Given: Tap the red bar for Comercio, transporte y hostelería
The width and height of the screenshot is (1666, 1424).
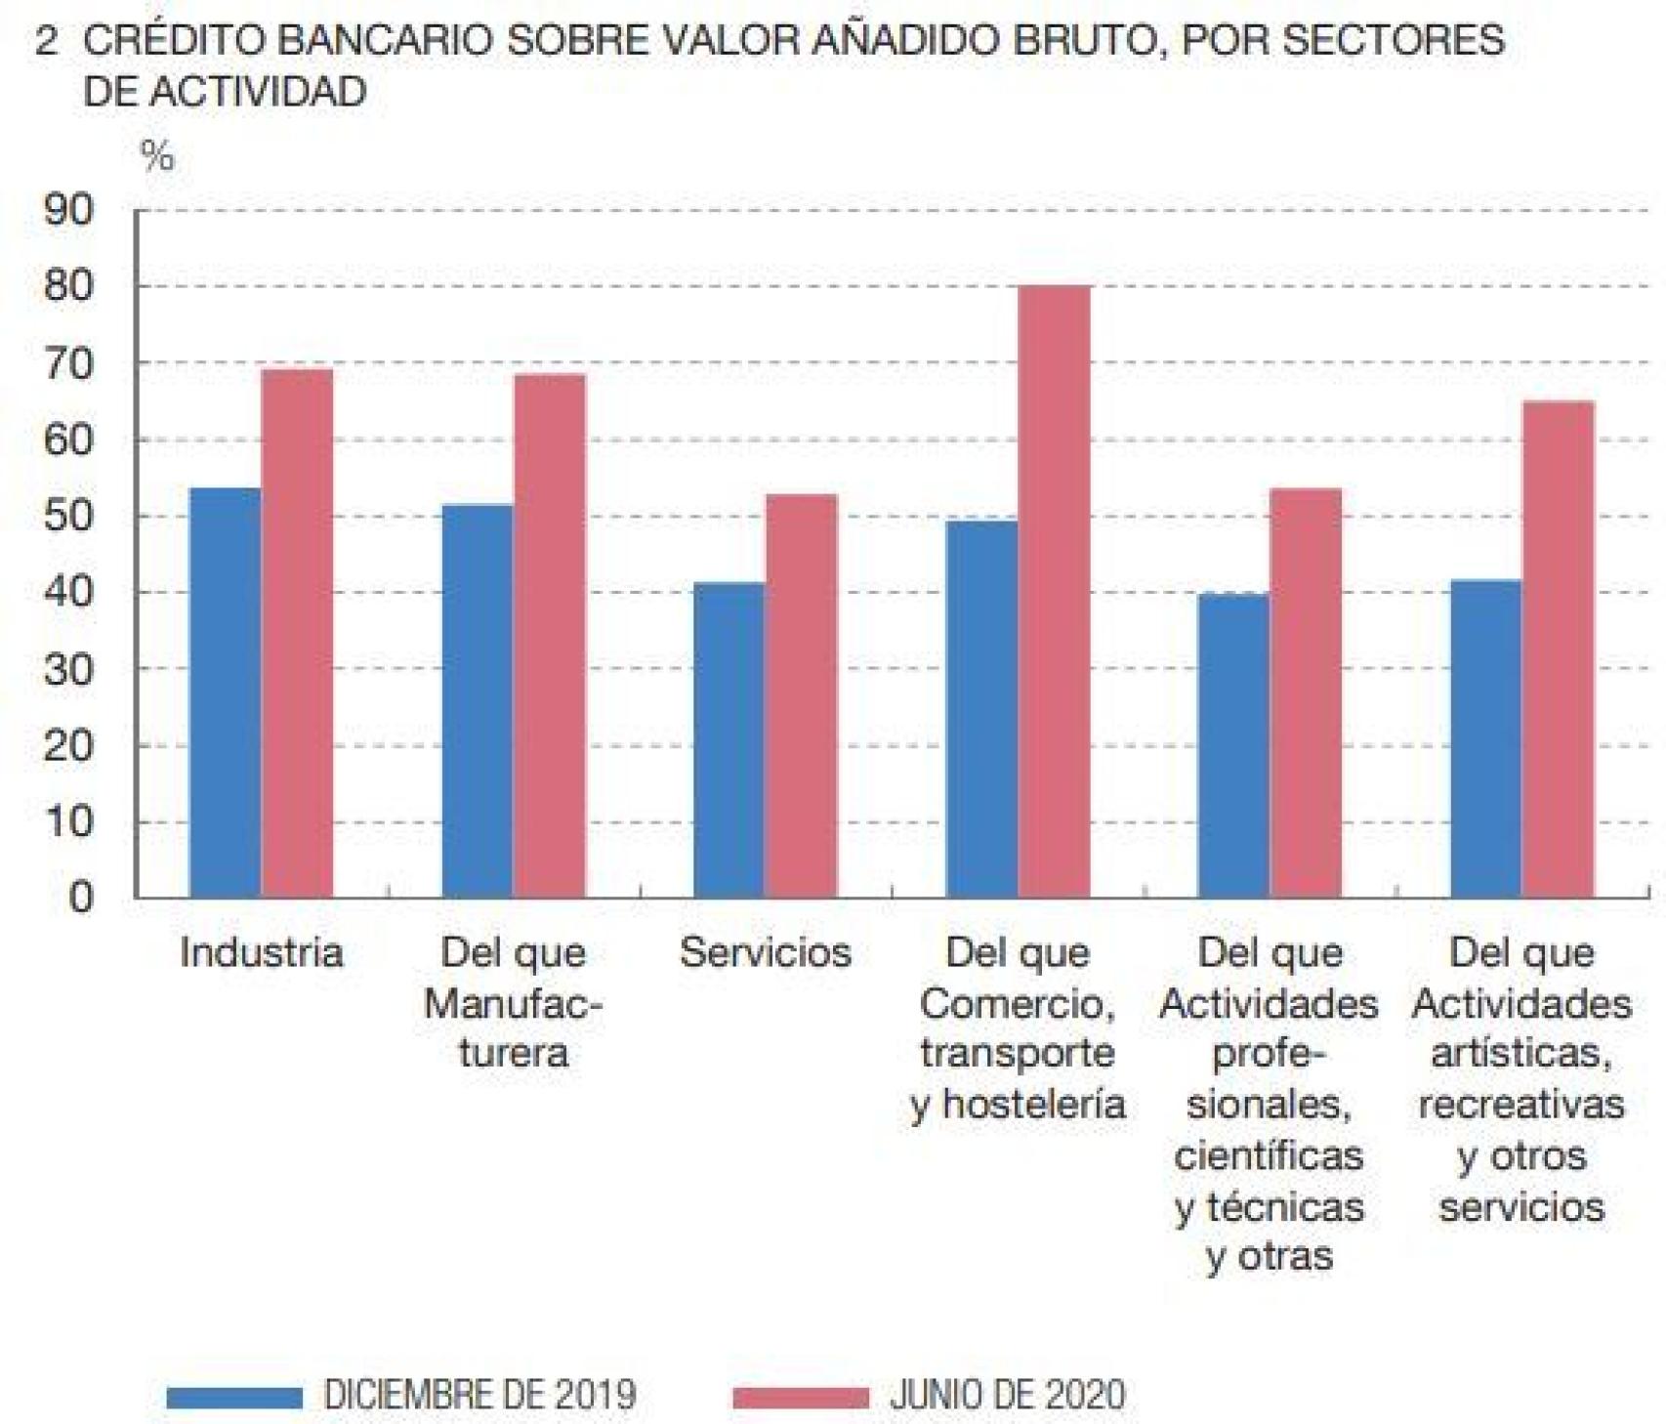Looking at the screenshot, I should (1054, 591).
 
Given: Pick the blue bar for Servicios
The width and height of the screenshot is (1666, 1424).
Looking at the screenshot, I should (729, 739).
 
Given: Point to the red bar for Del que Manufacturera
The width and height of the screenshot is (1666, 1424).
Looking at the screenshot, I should (550, 635).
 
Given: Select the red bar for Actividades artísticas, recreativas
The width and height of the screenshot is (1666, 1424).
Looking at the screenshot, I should (1558, 649).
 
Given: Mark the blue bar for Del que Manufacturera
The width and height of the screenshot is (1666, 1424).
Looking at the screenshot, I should (478, 700).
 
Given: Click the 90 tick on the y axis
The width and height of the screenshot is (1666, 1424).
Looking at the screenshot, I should (69, 210).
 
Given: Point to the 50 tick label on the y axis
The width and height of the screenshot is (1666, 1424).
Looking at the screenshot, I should (69, 516).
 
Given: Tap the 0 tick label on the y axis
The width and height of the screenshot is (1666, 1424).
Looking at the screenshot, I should (81, 897).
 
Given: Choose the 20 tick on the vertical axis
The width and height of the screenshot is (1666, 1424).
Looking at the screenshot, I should (69, 745).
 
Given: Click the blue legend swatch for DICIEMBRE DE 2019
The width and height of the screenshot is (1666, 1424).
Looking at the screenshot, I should (234, 1397).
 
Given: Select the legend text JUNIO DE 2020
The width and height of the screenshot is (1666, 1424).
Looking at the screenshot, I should (1007, 1395).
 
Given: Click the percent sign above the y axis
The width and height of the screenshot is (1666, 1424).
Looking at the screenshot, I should (157, 155).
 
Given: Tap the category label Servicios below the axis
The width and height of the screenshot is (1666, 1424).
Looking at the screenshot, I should (765, 952).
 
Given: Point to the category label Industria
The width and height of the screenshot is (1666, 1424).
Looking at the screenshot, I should (262, 952).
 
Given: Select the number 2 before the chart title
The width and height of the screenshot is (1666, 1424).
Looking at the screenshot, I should (46, 41).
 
